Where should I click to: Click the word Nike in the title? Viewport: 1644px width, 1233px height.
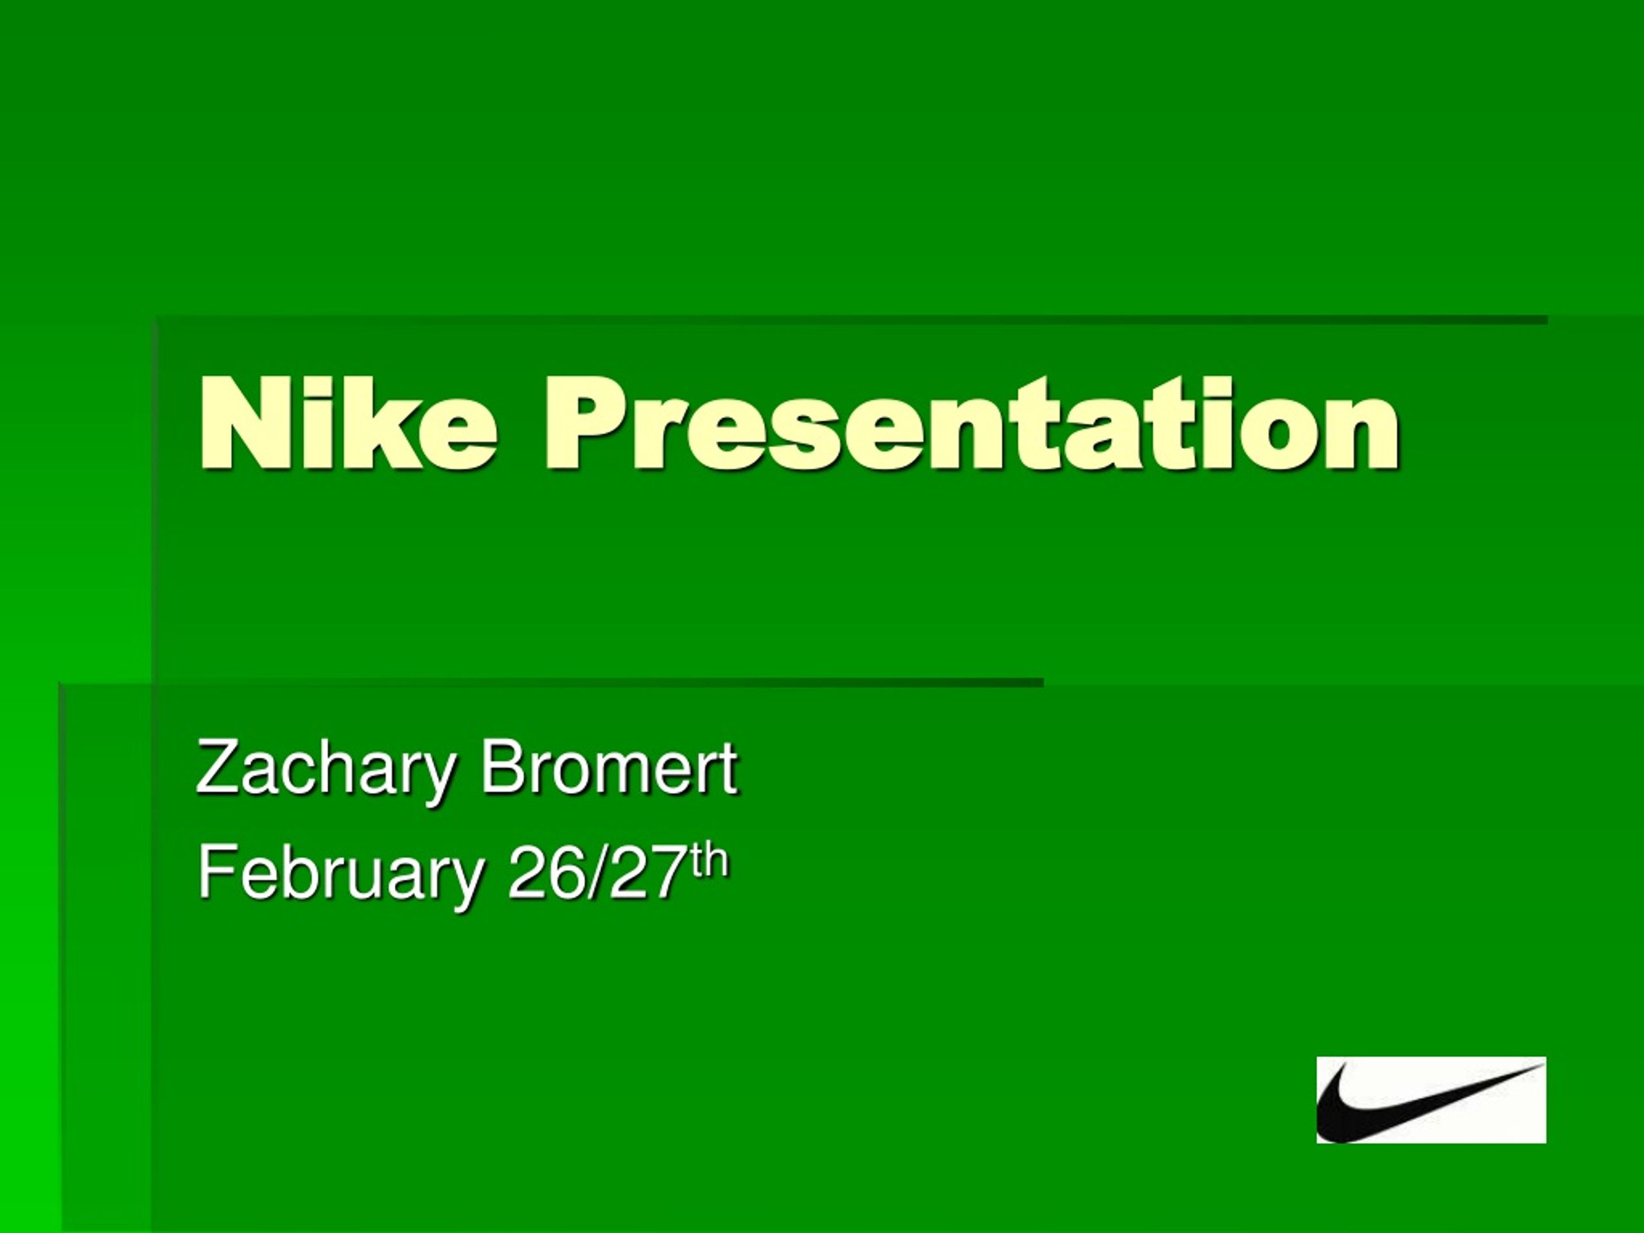[346, 424]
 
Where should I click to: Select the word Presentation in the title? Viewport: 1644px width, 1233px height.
[972, 424]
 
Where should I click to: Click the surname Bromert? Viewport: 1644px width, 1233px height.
[609, 768]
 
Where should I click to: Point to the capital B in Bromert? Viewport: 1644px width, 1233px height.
[500, 768]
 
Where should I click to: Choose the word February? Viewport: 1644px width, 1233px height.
[340, 875]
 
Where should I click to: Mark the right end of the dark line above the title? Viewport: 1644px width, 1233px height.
[1546, 320]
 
